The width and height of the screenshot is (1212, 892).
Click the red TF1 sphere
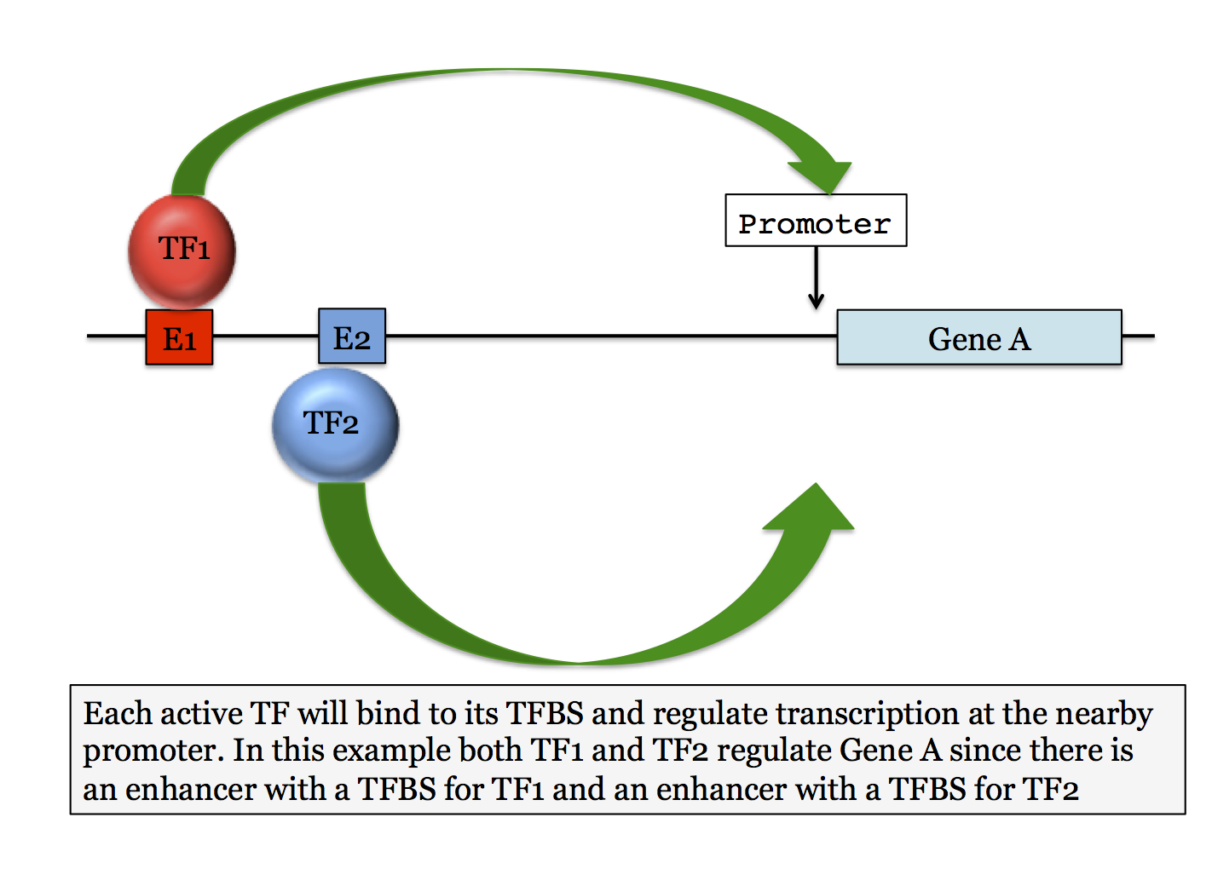pyautogui.click(x=182, y=250)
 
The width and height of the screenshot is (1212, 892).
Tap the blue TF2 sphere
pyautogui.click(x=335, y=424)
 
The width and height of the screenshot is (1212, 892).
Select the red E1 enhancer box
pyautogui.click(x=179, y=337)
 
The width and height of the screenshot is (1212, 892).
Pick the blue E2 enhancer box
pyautogui.click(x=352, y=337)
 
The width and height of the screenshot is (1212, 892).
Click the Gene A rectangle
pyautogui.click(x=978, y=338)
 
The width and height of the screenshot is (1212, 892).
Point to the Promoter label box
pyautogui.click(x=815, y=222)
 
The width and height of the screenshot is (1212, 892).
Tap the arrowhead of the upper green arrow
pyautogui.click(x=822, y=175)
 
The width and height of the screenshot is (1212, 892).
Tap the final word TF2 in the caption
pyautogui.click(x=1051, y=789)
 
